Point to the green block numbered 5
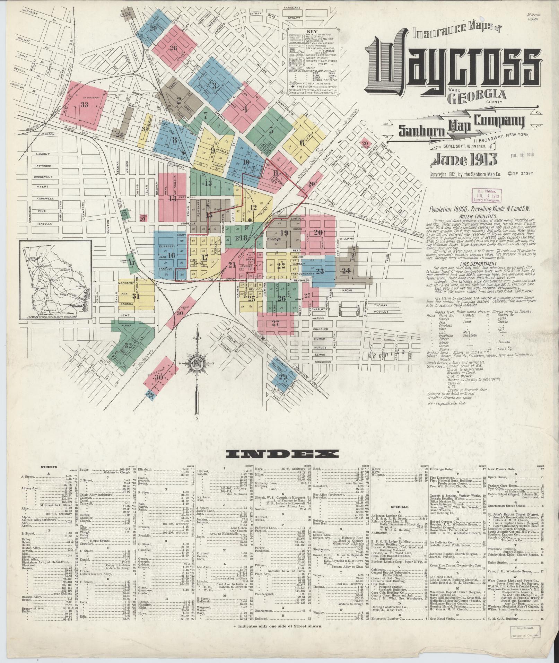[x=272, y=131]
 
